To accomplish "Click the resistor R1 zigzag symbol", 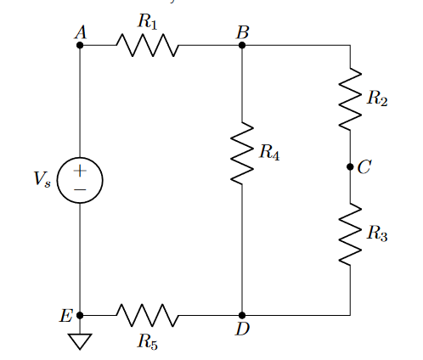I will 148,45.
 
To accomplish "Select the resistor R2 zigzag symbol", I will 350,98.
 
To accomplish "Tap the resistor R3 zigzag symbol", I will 350,234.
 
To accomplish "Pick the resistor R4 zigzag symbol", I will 242,153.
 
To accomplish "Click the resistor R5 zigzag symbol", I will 148,315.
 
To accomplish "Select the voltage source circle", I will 80,180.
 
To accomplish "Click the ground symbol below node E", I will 80,341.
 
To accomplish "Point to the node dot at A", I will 80,45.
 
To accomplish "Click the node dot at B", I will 242,45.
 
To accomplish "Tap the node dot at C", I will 350,167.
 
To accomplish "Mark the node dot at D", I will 242,315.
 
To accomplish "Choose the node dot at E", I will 80,315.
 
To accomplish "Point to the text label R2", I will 377,99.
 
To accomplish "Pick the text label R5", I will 148,341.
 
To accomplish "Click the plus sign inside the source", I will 80,171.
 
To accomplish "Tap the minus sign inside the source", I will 80,189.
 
